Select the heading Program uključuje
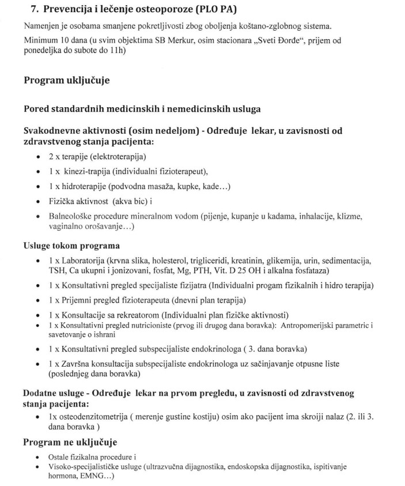pos(66,81)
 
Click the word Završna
pos(74,364)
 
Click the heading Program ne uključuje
pos(70,442)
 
